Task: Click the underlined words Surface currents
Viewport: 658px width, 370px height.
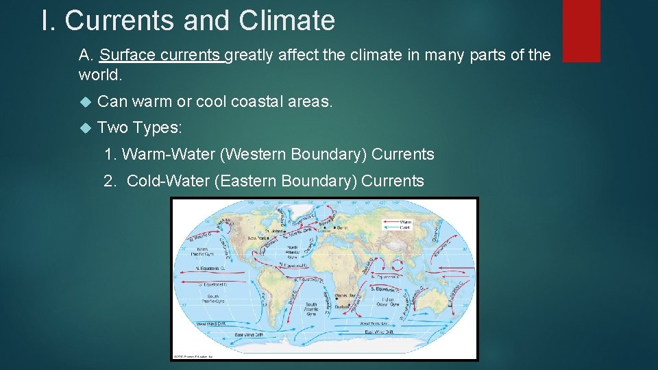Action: tap(162, 55)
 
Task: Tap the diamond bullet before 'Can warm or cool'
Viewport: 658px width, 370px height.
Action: tap(85, 102)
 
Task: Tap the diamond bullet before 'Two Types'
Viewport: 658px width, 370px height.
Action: tap(85, 127)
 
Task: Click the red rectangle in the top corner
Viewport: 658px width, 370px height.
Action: tap(581, 30)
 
